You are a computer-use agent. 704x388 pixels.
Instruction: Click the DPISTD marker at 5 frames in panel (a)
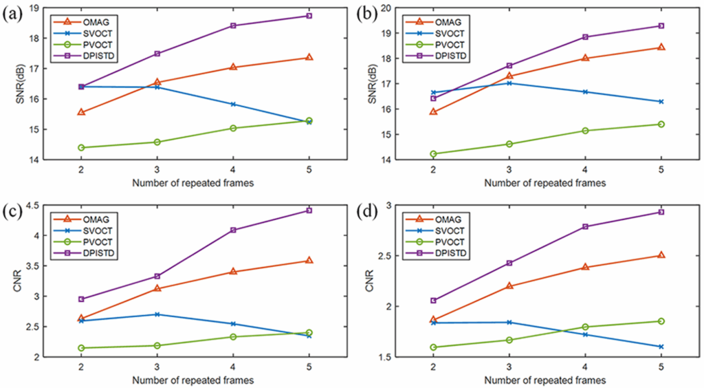(x=309, y=16)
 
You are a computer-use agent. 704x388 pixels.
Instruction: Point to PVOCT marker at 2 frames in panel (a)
(x=81, y=147)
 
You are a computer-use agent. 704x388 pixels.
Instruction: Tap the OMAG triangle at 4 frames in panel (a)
(x=233, y=67)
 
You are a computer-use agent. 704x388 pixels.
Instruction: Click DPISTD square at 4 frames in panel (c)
(x=233, y=230)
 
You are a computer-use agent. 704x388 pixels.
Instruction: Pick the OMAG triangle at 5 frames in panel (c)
(x=309, y=260)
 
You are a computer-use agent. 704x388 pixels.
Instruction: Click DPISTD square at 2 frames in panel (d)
(x=433, y=300)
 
